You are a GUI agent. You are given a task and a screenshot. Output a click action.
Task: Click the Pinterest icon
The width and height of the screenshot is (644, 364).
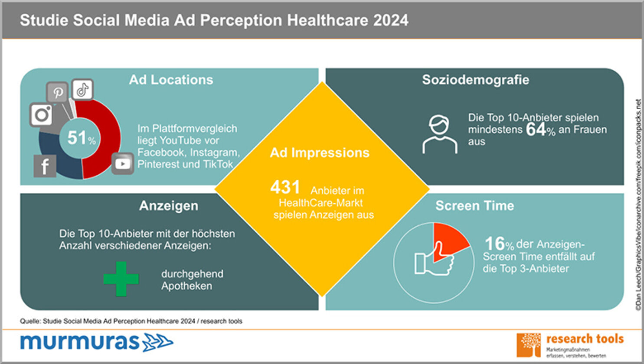[x=58, y=92]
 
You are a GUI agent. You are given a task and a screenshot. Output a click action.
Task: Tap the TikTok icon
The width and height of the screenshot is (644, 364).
[x=82, y=90]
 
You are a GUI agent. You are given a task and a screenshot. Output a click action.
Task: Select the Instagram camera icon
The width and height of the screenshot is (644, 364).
[x=42, y=115]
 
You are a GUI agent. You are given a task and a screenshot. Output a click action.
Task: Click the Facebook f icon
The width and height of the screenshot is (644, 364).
[x=45, y=166]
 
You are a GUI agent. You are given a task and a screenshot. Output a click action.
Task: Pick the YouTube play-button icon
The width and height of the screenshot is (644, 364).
[x=122, y=163]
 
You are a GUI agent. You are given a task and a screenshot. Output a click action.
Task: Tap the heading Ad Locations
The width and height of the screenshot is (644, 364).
[x=171, y=80]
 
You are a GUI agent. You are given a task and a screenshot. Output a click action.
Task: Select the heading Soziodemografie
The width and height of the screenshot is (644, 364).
[x=475, y=80]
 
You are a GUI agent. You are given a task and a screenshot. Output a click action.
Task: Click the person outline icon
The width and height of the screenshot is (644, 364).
[x=440, y=134]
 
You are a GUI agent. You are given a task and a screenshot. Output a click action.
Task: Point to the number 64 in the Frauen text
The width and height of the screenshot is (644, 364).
[x=536, y=130]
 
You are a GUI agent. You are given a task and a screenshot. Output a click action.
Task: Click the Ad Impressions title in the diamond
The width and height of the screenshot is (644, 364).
[x=320, y=153]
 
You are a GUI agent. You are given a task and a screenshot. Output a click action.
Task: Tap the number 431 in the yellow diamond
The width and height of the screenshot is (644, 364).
[x=285, y=188]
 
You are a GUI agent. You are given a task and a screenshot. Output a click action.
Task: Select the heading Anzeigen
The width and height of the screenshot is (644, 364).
[x=169, y=206]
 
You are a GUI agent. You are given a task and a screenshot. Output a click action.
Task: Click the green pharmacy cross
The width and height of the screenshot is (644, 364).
[x=121, y=279]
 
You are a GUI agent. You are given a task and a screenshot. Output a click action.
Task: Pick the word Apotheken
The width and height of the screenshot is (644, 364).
[x=186, y=286]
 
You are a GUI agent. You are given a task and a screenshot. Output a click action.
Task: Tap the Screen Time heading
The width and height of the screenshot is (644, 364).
[x=474, y=206]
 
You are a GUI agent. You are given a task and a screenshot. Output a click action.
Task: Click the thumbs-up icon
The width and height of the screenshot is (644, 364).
[x=434, y=261]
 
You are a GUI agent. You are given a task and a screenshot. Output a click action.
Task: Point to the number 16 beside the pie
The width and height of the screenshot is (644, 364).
[x=494, y=244]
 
